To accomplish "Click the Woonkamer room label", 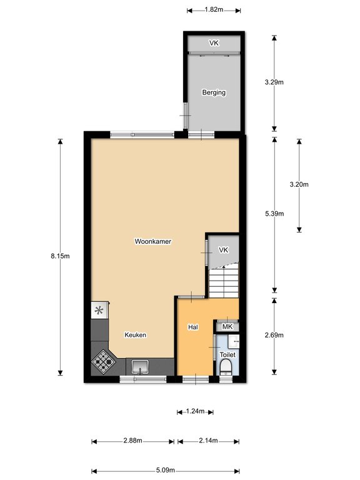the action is [152, 241].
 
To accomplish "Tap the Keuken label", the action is [135, 335].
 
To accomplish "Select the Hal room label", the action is [193, 327].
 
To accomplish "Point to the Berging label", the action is [214, 92].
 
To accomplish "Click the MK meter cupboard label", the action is [227, 327].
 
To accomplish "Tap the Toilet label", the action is [227, 354].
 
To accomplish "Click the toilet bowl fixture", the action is [226, 367].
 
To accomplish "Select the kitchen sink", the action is [140, 367].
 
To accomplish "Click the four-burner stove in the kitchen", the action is [103, 362].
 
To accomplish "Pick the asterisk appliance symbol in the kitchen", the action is [99, 311].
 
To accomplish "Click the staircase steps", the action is [224, 282].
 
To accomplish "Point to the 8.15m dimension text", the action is [60, 256].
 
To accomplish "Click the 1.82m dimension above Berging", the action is [214, 9].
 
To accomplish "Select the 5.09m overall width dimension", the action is [165, 470].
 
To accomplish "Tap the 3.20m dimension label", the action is [299, 184].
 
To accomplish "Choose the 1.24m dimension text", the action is [195, 411].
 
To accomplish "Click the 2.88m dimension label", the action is [133, 441].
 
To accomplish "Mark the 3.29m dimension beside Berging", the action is [274, 82].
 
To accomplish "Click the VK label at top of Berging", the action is [214, 43].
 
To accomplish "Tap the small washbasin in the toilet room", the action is [234, 341].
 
